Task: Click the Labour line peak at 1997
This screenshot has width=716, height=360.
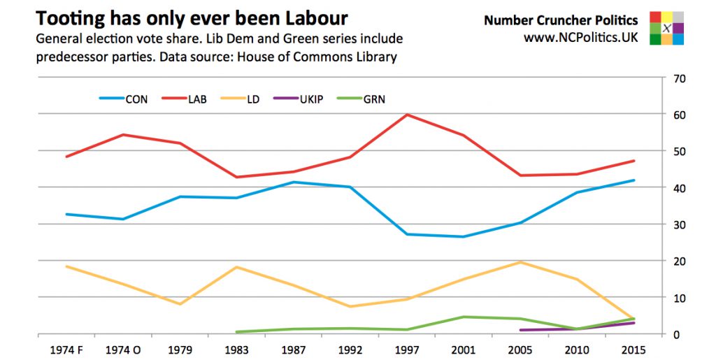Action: [x=408, y=115]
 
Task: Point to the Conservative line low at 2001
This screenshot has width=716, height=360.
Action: [x=464, y=237]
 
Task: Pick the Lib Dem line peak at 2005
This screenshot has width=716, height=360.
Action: [x=520, y=262]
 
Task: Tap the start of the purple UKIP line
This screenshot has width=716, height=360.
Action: [x=520, y=330]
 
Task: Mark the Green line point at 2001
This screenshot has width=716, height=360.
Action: [x=464, y=317]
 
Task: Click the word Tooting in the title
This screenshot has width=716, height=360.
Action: [x=69, y=17]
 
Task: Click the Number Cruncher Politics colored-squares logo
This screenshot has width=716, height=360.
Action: [x=666, y=28]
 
